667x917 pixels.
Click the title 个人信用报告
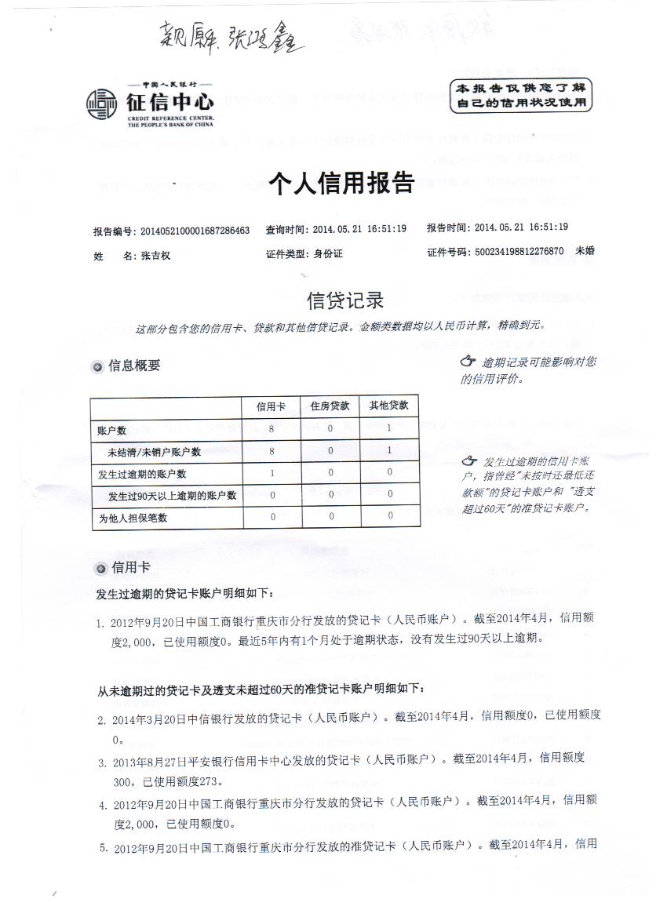(341, 184)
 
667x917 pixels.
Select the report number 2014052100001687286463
(194, 231)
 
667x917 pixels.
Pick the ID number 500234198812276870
(519, 253)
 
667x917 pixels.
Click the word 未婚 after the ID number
(585, 252)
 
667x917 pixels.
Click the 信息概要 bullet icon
(97, 366)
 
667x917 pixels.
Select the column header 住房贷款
(330, 406)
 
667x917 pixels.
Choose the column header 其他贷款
(389, 406)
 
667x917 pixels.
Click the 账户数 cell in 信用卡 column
(272, 429)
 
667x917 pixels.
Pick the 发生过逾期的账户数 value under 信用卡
(272, 473)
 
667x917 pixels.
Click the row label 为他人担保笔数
(133, 519)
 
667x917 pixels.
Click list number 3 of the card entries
(102, 762)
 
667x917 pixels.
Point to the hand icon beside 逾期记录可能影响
(468, 362)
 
